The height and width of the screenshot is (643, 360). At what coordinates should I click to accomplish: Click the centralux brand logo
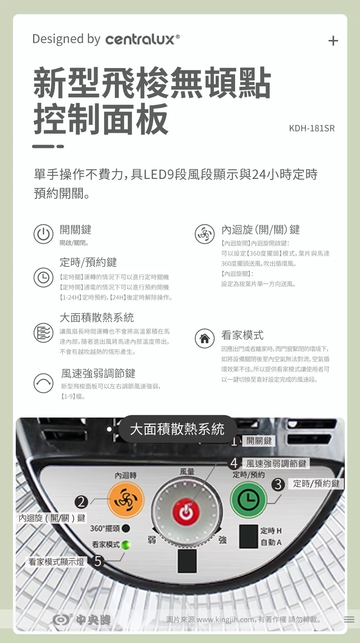pos(143,39)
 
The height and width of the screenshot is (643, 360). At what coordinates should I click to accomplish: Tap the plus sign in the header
pos(333,41)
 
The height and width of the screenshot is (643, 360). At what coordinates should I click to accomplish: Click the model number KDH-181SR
pos(312,128)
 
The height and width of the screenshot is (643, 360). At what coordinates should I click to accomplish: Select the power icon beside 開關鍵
pos(44,234)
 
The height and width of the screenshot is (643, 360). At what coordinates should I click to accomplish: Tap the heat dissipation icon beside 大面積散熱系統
pos(44,332)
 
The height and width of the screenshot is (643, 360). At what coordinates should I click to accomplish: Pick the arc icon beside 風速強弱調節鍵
pos(44,383)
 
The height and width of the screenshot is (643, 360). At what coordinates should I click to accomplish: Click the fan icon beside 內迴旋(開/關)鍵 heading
pos(204,234)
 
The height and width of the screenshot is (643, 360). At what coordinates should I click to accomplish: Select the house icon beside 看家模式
pos(204,339)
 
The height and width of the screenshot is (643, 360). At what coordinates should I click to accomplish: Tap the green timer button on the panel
pos(248,499)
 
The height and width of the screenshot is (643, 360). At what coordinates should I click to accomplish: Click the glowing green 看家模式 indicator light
pos(125,545)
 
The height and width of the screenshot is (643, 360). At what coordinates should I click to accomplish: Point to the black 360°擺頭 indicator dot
pos(126,528)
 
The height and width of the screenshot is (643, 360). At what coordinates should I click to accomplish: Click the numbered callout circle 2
pos(81,502)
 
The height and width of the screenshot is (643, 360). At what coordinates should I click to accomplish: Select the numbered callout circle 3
pos(278,484)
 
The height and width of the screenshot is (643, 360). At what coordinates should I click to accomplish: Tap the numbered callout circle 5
pos(98,561)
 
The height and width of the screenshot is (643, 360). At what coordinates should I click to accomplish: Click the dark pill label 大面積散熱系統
pos(177,429)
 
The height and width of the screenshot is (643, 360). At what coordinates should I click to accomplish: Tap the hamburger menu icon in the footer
pos(349,620)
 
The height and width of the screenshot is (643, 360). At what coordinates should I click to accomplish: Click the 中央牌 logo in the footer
pos(82,620)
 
